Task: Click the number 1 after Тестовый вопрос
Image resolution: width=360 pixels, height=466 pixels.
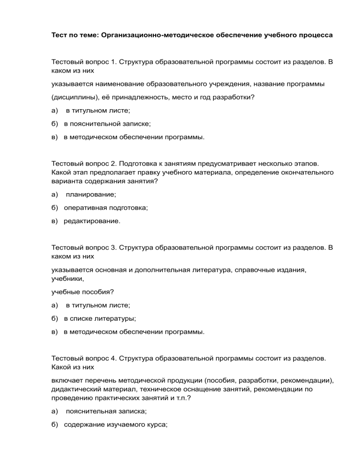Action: click(114, 61)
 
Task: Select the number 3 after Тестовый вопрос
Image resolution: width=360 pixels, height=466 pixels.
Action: click(114, 246)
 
